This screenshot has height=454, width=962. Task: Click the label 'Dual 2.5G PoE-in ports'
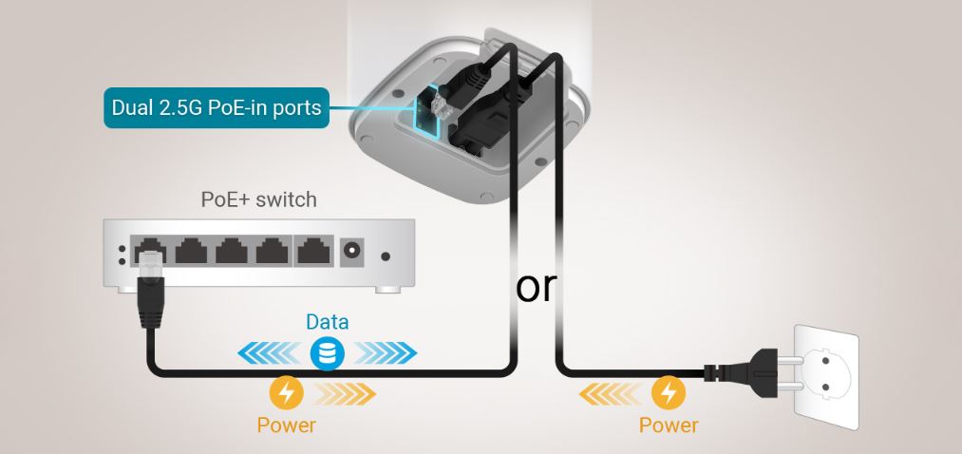coord(217,108)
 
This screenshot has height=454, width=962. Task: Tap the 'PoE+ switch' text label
coord(258,200)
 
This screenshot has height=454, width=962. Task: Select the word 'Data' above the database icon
coord(327,322)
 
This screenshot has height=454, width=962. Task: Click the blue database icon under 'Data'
coord(327,354)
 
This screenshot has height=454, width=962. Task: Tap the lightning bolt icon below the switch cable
coord(287,392)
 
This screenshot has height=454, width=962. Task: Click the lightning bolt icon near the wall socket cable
coord(670,392)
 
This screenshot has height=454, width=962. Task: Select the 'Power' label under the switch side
coord(287,425)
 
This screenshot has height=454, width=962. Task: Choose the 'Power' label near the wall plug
coord(669,425)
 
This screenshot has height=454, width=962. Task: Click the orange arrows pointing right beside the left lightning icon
coord(344,392)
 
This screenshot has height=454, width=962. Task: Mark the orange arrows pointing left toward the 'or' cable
coord(613,392)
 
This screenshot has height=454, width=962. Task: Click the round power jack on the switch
coord(352,252)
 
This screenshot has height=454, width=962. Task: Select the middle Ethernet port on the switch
coord(232,251)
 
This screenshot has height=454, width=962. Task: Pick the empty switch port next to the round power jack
coord(311,251)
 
